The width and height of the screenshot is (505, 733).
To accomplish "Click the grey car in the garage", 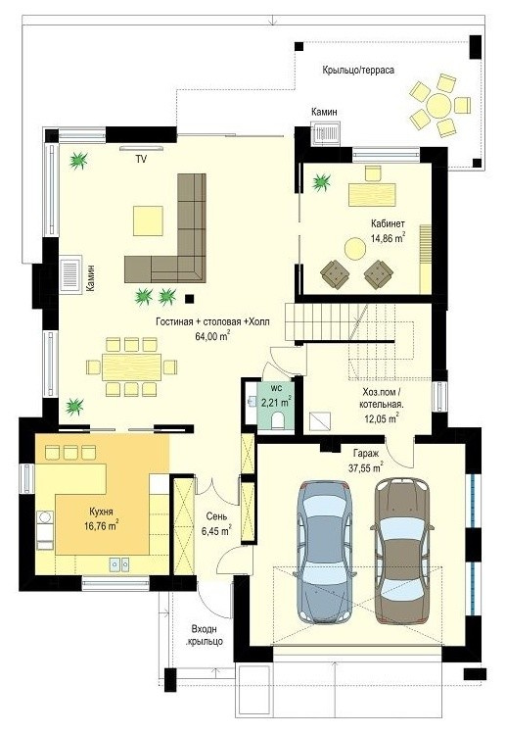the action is pos(324,551).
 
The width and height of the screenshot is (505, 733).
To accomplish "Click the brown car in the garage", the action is pos(402,551).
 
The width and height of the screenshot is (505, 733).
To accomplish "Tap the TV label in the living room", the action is pos(141,160).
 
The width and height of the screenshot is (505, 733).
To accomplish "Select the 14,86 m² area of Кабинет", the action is pos(388,237).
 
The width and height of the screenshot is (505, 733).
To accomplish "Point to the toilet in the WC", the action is pos(277,419).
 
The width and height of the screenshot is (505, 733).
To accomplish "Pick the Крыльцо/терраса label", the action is pos(358,71).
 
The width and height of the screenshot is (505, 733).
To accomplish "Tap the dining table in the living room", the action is pos(131,366).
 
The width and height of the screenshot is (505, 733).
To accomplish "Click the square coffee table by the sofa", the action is pos(148,220).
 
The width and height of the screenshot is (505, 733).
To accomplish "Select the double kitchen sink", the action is pos(119,563).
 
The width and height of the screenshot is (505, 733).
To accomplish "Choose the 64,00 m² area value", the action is pos(212,336).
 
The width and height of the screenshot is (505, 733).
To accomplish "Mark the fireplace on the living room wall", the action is pos(70,273).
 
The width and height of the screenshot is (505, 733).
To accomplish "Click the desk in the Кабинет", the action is pos(372,194).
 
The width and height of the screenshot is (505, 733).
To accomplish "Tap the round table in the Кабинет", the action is pos(354,249).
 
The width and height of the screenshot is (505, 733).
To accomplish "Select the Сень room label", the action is pos(216,516).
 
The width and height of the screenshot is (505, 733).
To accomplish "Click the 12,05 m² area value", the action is pos(381,418).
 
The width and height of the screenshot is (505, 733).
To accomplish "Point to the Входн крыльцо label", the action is pos(205,635).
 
